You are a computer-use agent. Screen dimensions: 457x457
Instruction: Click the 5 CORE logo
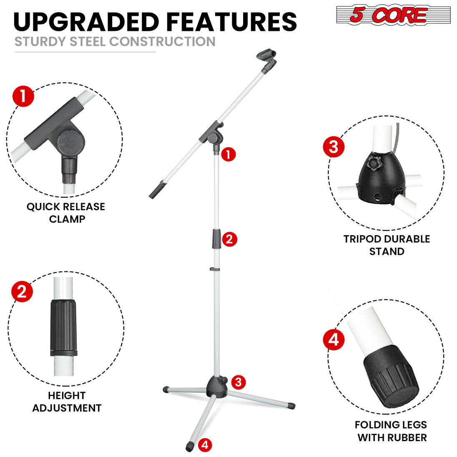pos(393,15)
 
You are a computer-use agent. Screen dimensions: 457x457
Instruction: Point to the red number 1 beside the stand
pos(228,154)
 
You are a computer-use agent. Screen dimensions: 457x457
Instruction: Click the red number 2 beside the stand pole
pos(230,239)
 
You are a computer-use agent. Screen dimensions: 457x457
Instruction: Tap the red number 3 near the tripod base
pos(239,382)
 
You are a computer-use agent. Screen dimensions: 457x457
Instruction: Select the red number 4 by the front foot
pos(204,444)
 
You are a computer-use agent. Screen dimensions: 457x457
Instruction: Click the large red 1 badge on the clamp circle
pos(23,96)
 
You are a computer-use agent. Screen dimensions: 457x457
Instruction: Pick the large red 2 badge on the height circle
pos(22,291)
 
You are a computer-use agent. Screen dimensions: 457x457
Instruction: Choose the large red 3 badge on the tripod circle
pos(334,147)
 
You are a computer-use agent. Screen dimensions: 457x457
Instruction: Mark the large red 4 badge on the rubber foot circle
pos(334,340)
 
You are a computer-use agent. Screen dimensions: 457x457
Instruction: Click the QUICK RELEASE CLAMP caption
pos(66,213)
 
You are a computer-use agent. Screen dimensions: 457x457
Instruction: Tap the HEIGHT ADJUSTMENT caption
pos(67,402)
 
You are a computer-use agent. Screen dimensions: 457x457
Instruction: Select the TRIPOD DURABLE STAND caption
pos(387,245)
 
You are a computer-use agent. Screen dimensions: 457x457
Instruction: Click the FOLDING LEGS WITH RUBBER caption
pos(391,431)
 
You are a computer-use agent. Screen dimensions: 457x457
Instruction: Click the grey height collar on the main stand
pos(217,238)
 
